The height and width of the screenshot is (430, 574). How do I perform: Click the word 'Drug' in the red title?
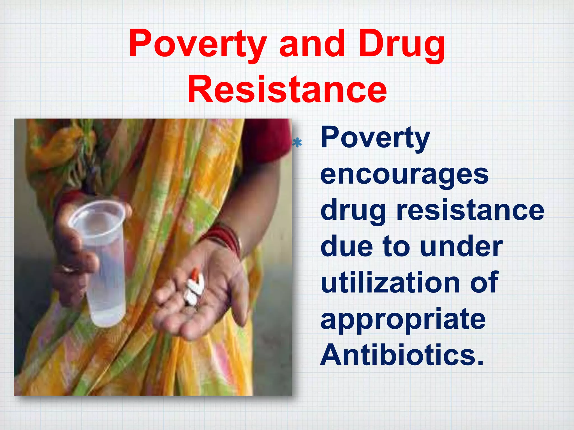tap(402, 45)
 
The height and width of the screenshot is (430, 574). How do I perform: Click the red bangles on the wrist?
tap(224, 238)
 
